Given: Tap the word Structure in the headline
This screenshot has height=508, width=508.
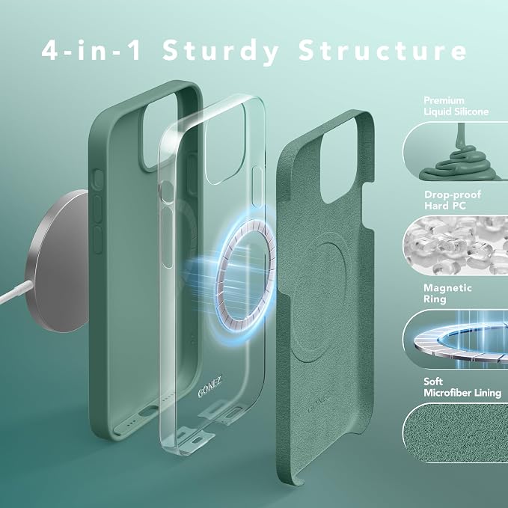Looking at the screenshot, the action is click(x=382, y=50).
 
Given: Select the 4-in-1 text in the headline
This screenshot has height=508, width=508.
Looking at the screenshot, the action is click(x=91, y=50).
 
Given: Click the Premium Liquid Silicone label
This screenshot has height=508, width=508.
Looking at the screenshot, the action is click(x=456, y=106).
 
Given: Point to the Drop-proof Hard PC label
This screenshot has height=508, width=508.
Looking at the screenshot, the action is click(x=453, y=200).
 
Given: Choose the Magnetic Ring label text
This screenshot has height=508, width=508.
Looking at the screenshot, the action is click(x=447, y=293).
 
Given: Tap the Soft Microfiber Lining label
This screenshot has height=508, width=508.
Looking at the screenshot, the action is click(x=462, y=387).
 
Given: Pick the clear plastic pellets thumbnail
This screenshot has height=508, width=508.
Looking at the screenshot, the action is click(x=455, y=245).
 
